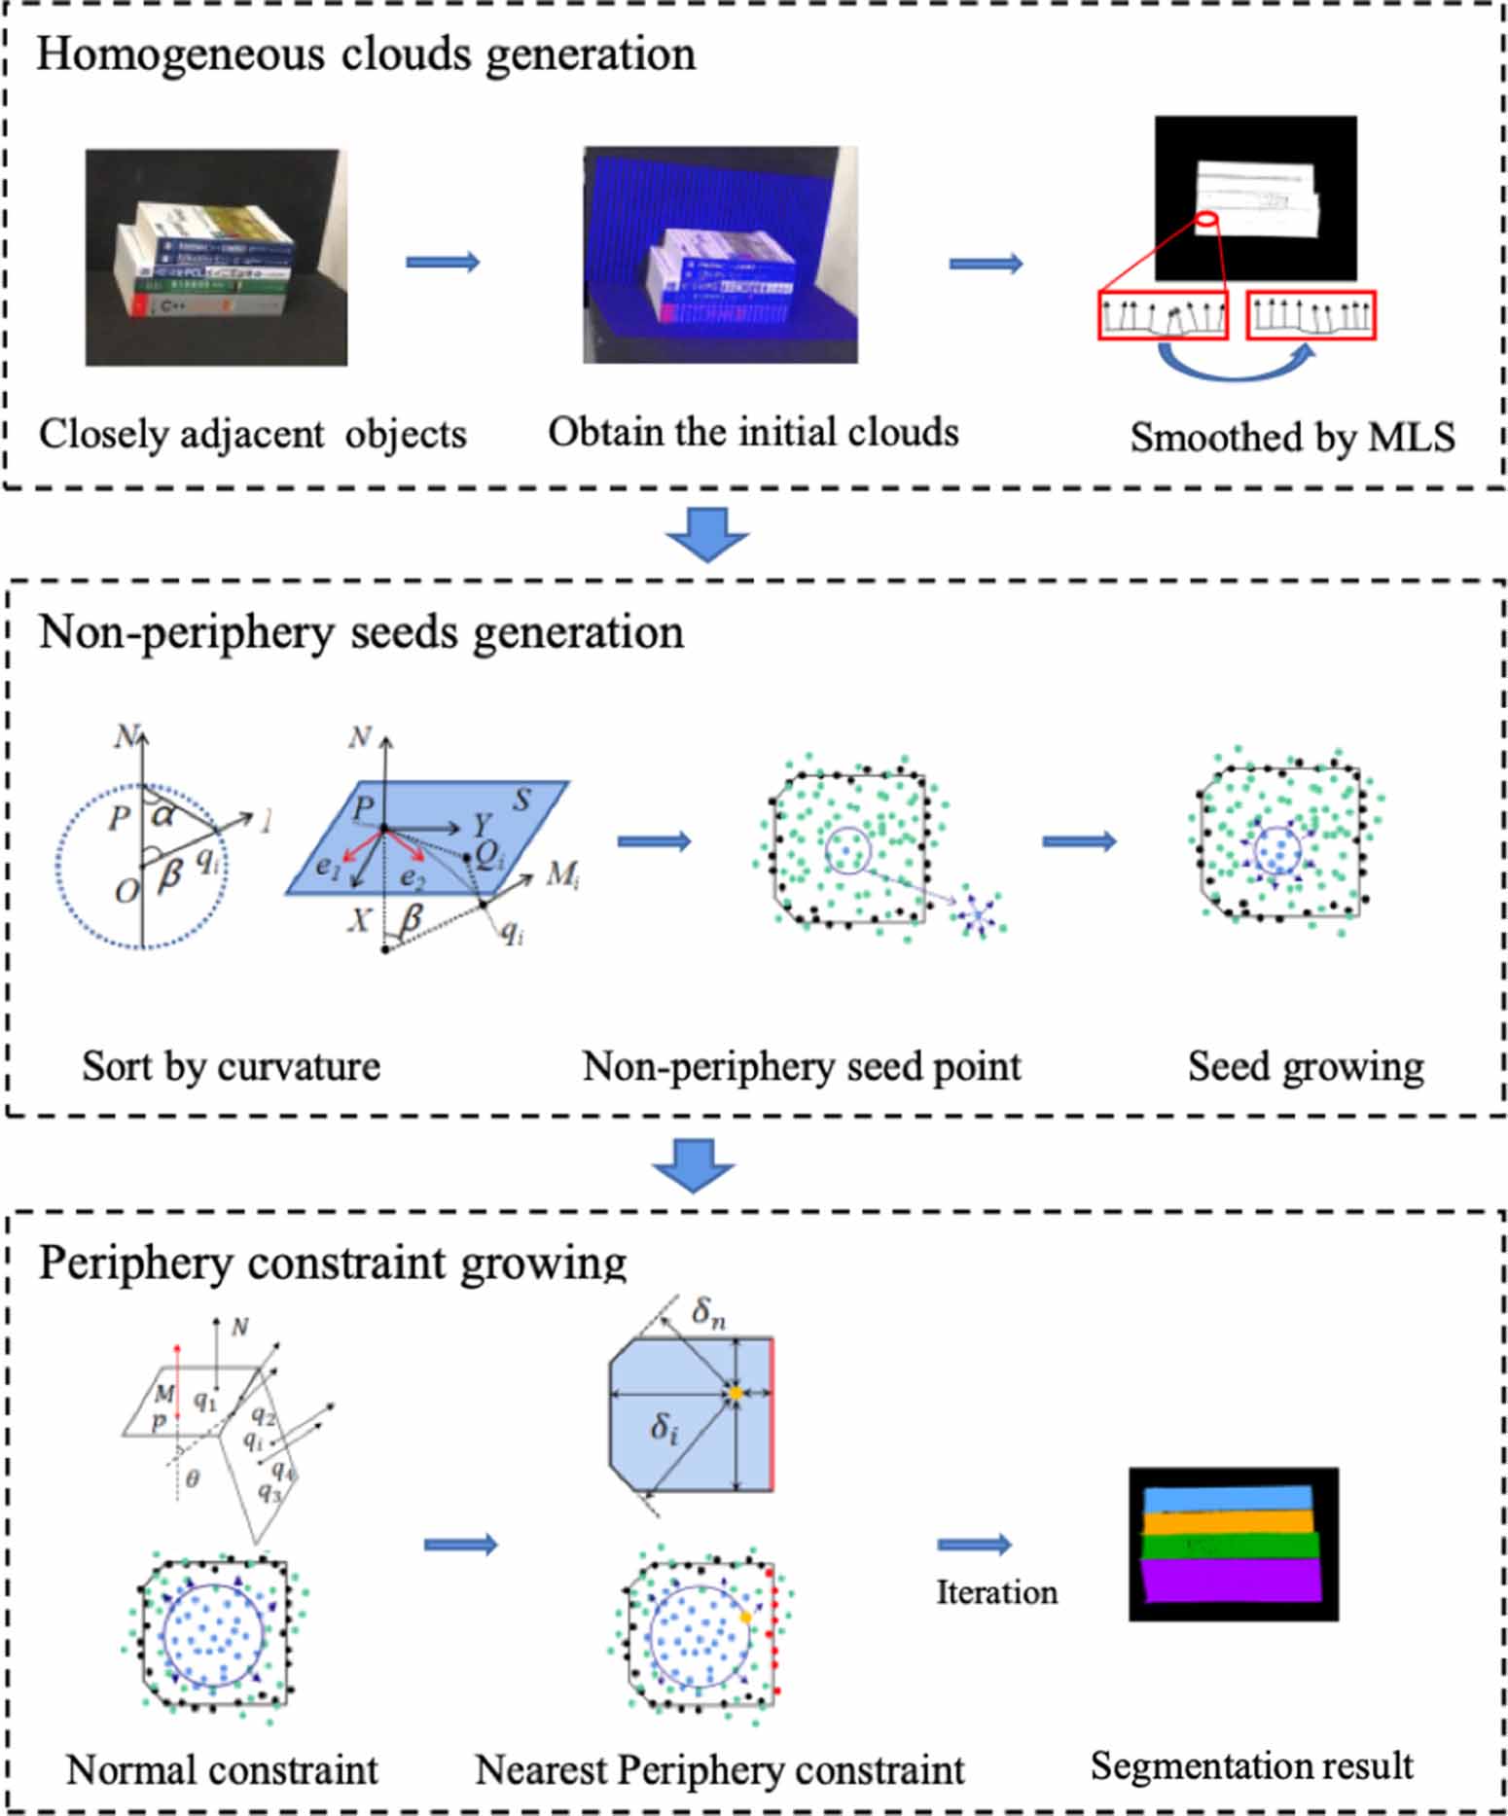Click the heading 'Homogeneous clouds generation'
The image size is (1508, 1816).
point(366,54)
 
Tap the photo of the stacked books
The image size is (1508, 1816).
point(216,258)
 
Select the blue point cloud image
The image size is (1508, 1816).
point(720,255)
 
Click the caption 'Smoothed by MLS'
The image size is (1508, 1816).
point(1292,437)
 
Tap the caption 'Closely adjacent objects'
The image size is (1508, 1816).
point(252,434)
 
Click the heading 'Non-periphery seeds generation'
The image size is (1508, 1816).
point(361,633)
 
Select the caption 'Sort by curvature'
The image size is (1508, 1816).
point(231,1067)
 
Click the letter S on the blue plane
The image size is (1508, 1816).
point(522,800)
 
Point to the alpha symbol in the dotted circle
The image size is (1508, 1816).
point(163,814)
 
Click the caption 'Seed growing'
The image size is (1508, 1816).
point(1305,1067)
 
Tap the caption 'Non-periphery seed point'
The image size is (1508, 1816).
point(801,1067)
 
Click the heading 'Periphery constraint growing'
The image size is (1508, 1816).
point(332,1264)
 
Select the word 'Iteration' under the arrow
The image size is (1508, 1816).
point(995,1593)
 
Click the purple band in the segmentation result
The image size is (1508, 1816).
point(1232,1580)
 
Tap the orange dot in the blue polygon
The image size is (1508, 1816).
point(736,1394)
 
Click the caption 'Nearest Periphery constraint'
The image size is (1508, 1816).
point(719,1769)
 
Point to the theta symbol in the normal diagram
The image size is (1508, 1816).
point(193,1479)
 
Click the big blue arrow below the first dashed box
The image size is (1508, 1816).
point(707,534)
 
